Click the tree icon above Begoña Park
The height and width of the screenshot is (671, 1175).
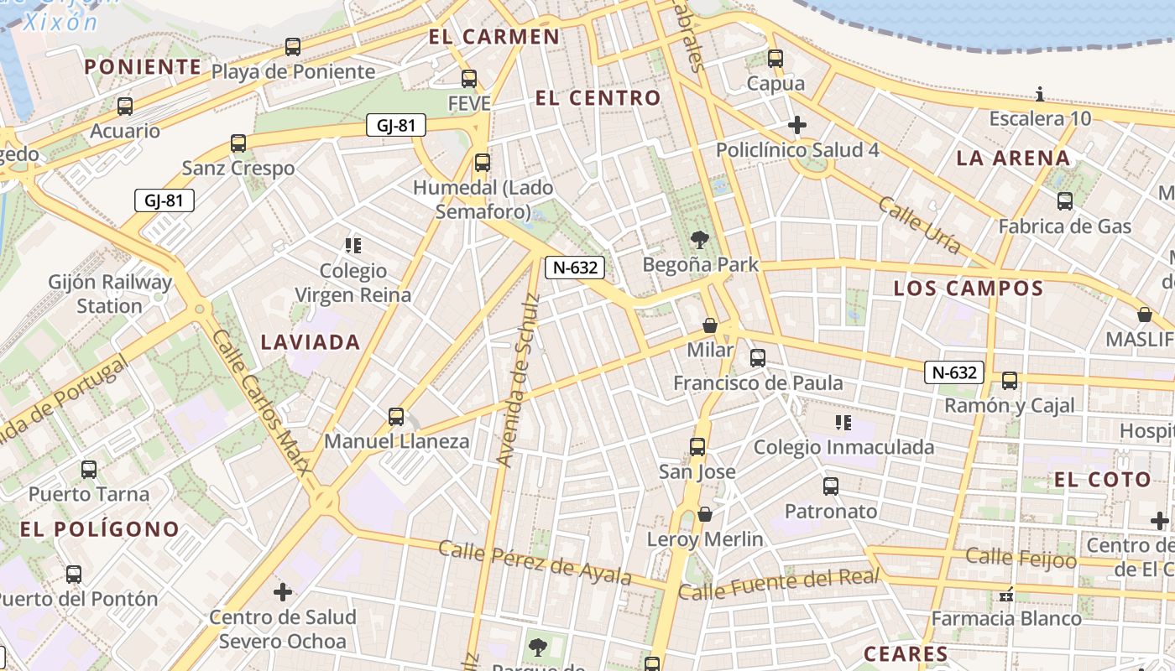coord(698,241)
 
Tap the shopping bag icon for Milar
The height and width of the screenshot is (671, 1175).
coord(710,325)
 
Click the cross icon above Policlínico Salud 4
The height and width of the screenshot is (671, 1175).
coord(796,126)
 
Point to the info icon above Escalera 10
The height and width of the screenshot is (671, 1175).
coord(1040,94)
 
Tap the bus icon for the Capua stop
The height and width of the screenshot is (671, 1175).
coord(775,59)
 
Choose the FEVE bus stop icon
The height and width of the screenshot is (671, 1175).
coord(469,79)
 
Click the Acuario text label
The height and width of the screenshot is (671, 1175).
coord(125,131)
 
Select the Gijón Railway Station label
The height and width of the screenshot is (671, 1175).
coord(110,294)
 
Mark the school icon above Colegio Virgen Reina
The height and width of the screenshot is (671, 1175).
coord(352,246)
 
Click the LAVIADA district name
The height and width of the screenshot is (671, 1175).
coord(311,342)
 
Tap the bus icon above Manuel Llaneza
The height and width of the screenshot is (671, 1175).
coord(396,417)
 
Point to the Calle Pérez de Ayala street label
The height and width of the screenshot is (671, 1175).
coord(535,562)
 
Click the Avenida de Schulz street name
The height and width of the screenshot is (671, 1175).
coord(515,369)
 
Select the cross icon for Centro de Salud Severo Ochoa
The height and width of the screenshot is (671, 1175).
coord(283,593)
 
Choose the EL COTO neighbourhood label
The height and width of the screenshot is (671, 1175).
coord(1103,480)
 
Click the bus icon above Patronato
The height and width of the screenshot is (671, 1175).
coord(831,486)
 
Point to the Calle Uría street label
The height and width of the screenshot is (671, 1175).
coord(920,224)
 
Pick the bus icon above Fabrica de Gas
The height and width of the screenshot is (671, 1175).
coord(1065,201)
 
